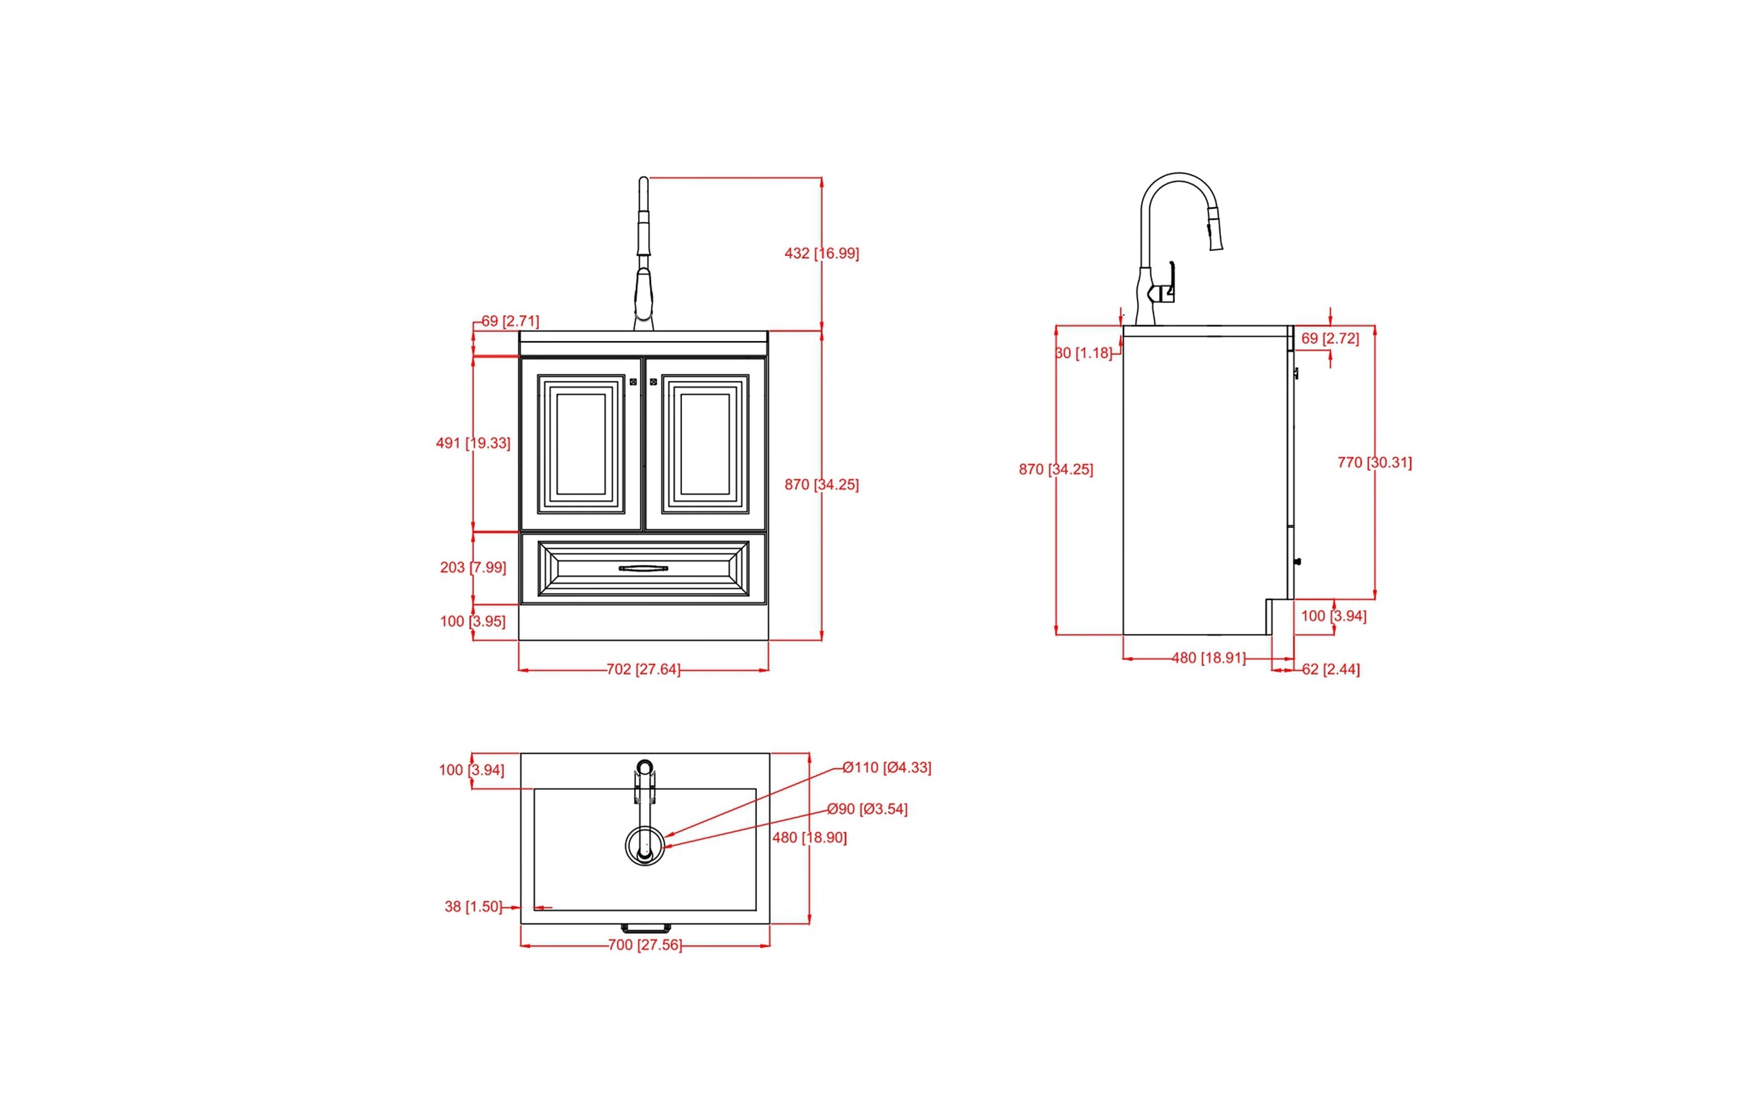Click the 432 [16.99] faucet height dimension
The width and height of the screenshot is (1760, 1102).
(x=822, y=254)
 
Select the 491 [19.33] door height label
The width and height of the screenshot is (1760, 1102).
(x=473, y=443)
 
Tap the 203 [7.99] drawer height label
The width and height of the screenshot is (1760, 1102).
(x=473, y=567)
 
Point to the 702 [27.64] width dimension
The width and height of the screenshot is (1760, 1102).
(x=643, y=669)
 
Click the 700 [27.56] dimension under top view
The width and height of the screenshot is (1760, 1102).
(x=644, y=945)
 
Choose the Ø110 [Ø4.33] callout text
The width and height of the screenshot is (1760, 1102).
(x=886, y=767)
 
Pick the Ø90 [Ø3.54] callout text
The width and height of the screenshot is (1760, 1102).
(x=866, y=809)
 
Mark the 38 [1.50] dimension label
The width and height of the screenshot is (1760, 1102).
(x=473, y=907)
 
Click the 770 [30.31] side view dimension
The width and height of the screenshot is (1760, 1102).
(x=1374, y=462)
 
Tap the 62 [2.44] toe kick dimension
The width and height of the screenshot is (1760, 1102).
(x=1330, y=669)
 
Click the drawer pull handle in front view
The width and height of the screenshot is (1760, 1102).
(x=643, y=569)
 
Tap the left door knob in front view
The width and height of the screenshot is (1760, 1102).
(x=632, y=382)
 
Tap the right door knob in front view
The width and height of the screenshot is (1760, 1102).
(x=653, y=382)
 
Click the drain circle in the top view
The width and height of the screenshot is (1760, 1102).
(x=644, y=846)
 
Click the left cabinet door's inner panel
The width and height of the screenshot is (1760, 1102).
(x=581, y=443)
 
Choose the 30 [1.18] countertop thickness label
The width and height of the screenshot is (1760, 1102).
(x=1083, y=353)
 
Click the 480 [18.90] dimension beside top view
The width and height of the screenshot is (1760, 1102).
(x=809, y=837)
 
